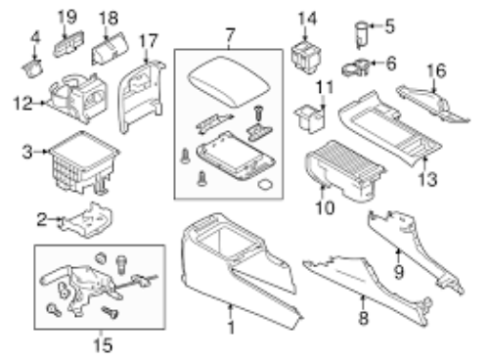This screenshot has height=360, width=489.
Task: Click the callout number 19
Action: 67,17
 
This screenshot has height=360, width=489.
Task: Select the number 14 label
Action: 307,19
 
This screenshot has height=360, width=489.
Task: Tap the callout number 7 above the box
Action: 230,34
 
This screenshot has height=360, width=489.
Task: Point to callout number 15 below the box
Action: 103,345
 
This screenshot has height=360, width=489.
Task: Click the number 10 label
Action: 325,207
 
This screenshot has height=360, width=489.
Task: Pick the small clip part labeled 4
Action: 32,68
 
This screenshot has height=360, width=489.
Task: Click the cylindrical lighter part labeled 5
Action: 361,34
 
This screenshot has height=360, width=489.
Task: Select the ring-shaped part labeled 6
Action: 355,67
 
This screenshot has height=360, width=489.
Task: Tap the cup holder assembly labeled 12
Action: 78,98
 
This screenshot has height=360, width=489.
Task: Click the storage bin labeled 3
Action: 84,162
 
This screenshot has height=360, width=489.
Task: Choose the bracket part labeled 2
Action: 86,220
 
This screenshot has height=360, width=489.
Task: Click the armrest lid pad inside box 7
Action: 230,81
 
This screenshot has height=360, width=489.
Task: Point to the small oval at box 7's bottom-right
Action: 265,185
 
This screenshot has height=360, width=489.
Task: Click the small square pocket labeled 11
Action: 310,119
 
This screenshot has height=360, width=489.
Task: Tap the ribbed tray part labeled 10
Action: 345,170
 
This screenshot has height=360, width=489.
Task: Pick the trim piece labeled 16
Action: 433,104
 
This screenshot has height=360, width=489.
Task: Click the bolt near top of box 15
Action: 121,264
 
